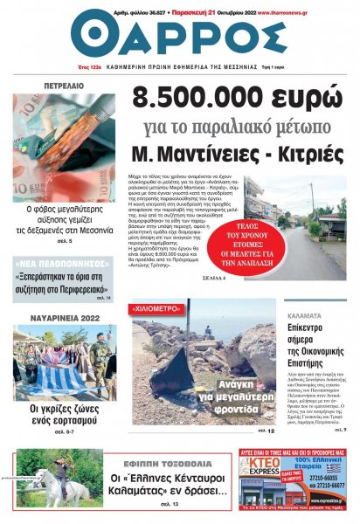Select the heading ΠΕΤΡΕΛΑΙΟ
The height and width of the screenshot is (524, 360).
[65, 86]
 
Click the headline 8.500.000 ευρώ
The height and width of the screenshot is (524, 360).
[234, 102]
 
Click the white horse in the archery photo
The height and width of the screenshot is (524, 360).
[54, 485]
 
